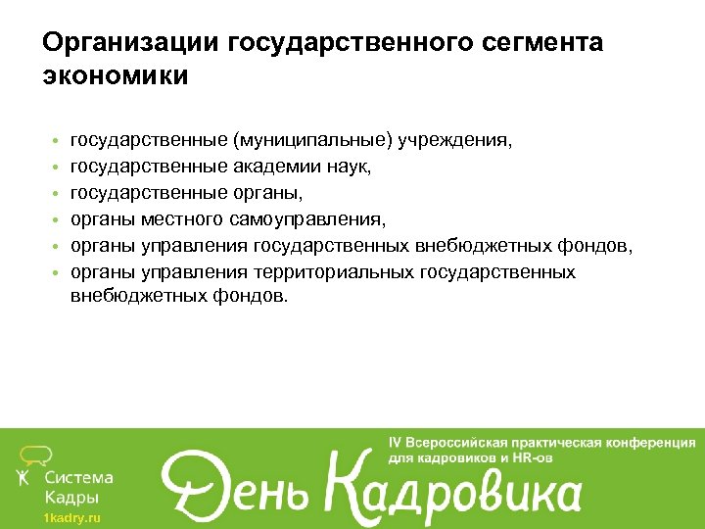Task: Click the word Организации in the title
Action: coord(131,43)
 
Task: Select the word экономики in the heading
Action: coord(116,75)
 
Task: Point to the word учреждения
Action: coord(455,141)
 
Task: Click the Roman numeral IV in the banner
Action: coord(399,442)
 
